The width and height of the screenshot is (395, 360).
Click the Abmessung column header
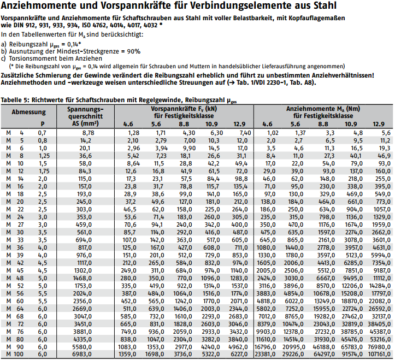click(x=28, y=112)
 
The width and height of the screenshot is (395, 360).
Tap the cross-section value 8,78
click(x=88, y=133)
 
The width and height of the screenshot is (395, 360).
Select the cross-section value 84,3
click(x=87, y=171)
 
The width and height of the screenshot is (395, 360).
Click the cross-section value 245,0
click(x=86, y=202)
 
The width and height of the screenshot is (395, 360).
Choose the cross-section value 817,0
click(x=86, y=247)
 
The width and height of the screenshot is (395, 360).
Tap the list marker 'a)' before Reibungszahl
click(x=4, y=43)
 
